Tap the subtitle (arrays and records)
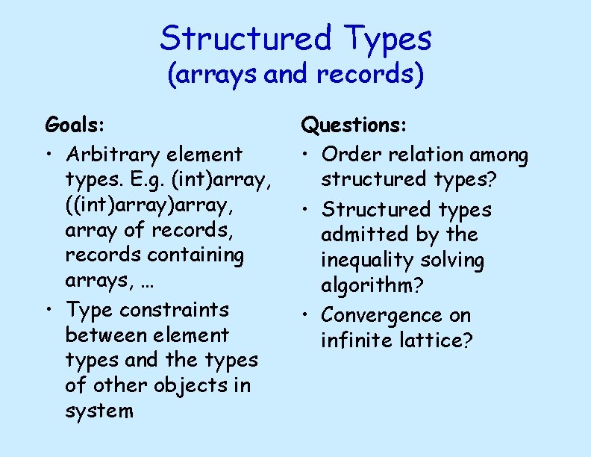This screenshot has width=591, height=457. (295, 75)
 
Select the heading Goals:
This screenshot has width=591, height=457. (75, 122)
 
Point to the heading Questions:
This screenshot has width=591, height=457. (353, 125)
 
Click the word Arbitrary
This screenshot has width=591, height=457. (113, 155)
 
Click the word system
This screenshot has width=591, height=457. (99, 411)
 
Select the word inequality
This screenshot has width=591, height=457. (366, 261)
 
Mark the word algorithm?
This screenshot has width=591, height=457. (369, 286)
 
